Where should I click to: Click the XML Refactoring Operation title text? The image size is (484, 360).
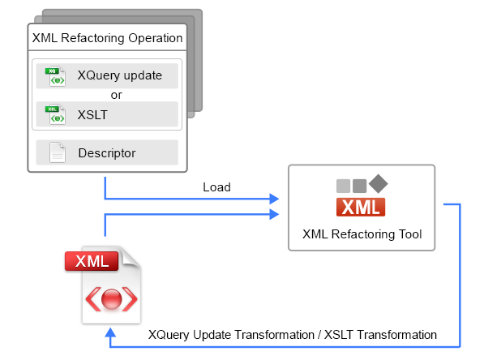tap(107, 38)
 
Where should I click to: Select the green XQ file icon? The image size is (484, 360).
tap(55, 76)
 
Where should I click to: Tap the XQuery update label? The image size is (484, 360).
tap(120, 75)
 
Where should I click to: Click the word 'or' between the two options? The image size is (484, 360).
tap(117, 95)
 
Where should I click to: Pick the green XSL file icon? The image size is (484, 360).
tap(55, 114)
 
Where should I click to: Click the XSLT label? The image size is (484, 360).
tap(92, 115)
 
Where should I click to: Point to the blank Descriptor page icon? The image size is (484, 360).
tap(58, 152)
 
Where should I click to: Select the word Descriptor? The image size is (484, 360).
tap(107, 153)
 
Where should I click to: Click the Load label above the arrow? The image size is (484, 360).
tap(216, 187)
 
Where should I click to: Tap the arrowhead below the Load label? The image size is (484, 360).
tap(274, 199)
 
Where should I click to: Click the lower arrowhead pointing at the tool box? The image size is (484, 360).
tap(274, 214)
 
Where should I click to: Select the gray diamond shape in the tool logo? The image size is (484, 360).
tap(378, 184)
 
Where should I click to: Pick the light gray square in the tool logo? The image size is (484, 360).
tap(343, 186)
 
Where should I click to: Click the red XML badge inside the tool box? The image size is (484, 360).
tap(361, 207)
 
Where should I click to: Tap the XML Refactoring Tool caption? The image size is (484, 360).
tap(362, 234)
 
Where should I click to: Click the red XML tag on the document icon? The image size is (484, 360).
tap(92, 261)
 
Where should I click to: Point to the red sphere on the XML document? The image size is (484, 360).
tap(111, 299)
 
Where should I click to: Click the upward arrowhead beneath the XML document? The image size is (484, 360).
tap(110, 332)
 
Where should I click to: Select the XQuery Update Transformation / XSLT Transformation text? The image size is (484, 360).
tap(293, 335)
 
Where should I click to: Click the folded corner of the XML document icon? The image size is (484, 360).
tap(130, 256)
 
